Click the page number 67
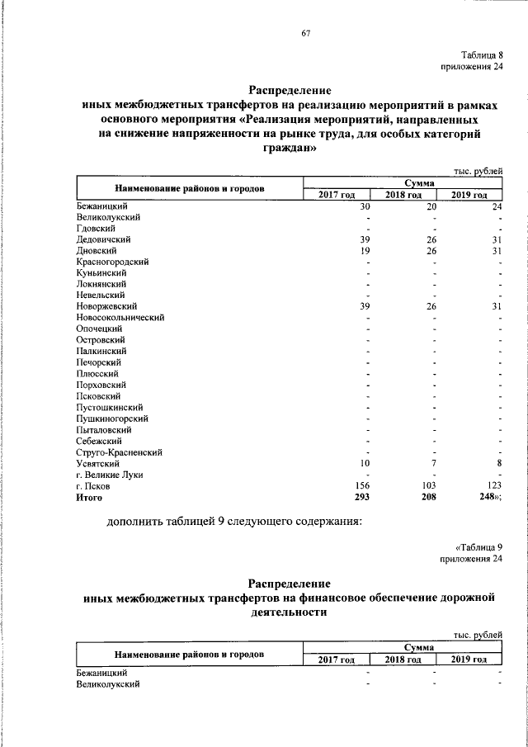[x=304, y=33]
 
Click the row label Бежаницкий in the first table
[x=101, y=206]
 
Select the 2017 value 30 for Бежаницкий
[x=365, y=206]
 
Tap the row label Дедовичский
[x=102, y=239]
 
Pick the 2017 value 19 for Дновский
[x=365, y=250]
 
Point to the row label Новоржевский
[x=106, y=306]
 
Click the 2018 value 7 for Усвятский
[x=432, y=464]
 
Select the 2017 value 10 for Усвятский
[x=365, y=464]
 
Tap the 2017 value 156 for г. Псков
[x=362, y=486]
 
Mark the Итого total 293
[x=362, y=498]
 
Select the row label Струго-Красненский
[x=119, y=452]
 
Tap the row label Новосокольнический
[x=120, y=318]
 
